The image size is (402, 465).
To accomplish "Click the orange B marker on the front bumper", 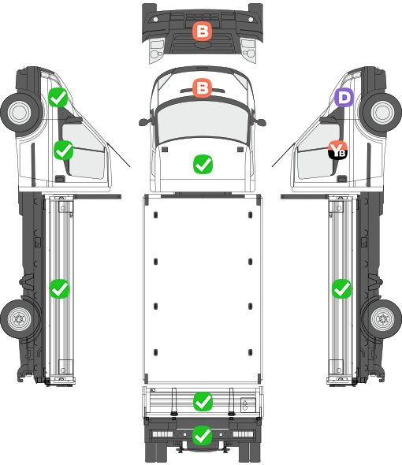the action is coord(203,32).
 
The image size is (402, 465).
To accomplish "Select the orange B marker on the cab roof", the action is coord(203,87).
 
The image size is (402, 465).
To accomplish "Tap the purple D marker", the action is coord(344,97).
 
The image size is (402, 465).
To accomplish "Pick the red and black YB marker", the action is coord(337,150).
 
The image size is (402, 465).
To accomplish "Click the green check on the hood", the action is coord(203,164).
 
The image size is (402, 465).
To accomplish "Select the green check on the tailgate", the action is coord(203,401).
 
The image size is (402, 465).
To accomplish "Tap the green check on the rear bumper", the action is coord(203,435).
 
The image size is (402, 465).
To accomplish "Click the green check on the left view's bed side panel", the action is coord(59,288).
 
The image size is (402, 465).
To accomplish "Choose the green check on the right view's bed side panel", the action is coord(342,288).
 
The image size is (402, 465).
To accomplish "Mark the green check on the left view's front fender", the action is coord(58,97).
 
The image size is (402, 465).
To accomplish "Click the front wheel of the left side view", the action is coord(20,112).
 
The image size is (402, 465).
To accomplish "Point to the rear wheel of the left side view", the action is coord(20,318).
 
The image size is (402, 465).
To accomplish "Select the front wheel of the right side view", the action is coord(382,112).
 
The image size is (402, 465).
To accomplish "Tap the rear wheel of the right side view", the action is coord(382,318).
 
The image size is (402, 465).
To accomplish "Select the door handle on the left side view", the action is coord(60,179).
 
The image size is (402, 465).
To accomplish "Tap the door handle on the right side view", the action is coord(342,179).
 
